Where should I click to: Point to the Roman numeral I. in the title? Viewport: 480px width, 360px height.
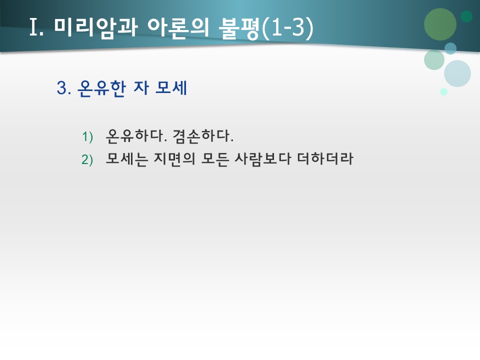click(37, 27)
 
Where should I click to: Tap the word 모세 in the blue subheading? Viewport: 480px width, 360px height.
click(171, 88)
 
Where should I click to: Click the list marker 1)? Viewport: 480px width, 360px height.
click(87, 136)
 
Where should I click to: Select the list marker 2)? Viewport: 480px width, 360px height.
click(87, 160)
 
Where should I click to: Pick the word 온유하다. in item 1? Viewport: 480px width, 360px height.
click(136, 135)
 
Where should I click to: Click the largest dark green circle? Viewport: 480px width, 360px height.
click(440, 24)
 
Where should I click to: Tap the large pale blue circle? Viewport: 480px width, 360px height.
click(457, 73)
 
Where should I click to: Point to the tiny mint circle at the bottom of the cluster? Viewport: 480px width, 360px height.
click(443, 91)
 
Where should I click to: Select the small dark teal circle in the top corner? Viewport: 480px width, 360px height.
click(466, 16)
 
